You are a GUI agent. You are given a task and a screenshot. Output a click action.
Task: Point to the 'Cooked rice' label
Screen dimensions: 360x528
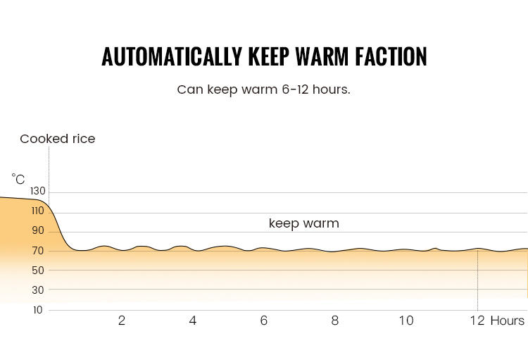coord(58,139)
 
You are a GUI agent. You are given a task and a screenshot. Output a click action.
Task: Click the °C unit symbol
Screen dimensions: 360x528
coord(18,180)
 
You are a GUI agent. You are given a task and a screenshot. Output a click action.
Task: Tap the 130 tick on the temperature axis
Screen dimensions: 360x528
coord(38,191)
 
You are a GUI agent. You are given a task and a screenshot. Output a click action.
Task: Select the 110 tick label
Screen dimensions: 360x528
coord(38,211)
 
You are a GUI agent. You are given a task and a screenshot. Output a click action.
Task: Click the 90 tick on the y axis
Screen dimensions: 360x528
coord(38,230)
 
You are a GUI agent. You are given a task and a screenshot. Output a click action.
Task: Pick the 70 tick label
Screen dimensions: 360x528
coord(38,251)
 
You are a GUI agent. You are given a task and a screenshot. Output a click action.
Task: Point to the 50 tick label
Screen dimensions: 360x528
coord(38,271)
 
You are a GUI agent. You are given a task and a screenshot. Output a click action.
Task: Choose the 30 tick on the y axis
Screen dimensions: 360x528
coord(38,290)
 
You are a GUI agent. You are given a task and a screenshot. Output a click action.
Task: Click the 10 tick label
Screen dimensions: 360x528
coord(37,310)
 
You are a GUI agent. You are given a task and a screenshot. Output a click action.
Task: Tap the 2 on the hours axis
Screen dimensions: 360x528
coord(122,321)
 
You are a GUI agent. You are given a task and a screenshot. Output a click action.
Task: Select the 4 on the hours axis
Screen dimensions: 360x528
coord(193,321)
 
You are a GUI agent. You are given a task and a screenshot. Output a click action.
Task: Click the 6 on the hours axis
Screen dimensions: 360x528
coord(264,321)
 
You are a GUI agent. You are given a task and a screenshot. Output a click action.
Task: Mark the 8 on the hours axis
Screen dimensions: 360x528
coord(335,321)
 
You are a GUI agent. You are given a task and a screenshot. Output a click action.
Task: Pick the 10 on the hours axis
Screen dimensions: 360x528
coord(406,321)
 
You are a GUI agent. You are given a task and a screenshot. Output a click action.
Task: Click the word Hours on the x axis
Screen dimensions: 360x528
coord(508,321)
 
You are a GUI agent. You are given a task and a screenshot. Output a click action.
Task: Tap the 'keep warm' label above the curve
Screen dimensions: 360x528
coord(304,223)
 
